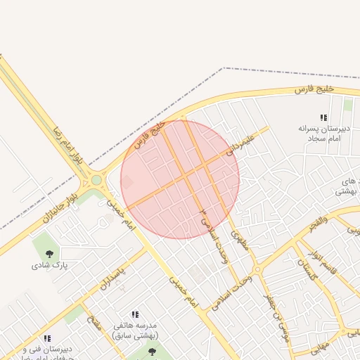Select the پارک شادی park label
47,266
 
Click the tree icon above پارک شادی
49,253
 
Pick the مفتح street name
94,324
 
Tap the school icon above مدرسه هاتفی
135,314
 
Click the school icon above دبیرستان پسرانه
323,117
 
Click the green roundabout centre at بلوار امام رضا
96,181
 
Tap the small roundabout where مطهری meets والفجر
257,269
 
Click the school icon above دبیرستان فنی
47,339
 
